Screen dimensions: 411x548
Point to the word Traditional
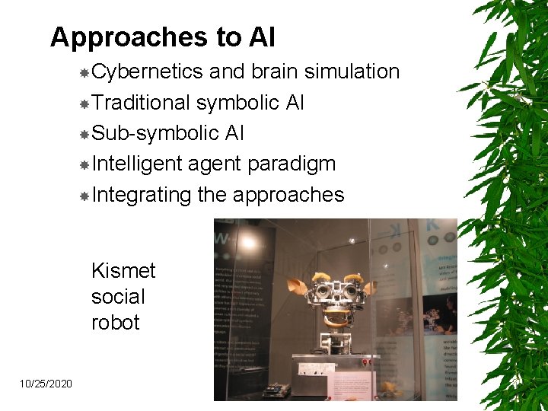tap(140, 102)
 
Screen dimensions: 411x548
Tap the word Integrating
tap(141, 195)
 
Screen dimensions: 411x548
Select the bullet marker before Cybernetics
tap(84, 73)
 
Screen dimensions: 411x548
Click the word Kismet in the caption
tap(123, 271)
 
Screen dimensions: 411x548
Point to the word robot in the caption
tap(115, 322)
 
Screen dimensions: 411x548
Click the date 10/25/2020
tap(47, 384)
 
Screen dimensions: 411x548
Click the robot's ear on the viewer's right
tap(371, 288)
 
